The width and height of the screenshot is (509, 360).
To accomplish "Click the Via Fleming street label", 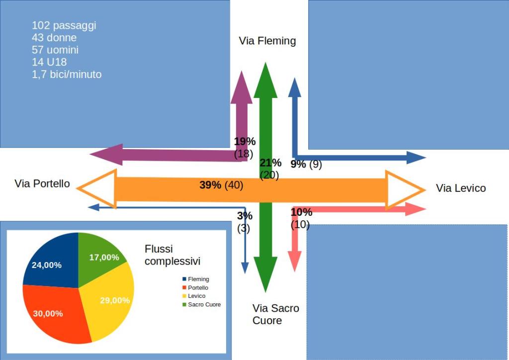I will (267, 41).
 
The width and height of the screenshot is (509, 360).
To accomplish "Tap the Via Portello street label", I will (42, 184).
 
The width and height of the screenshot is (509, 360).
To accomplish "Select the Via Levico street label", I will (461, 188).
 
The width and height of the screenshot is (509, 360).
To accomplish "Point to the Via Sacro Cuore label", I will (275, 314).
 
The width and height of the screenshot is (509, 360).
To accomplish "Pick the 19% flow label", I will (245, 142).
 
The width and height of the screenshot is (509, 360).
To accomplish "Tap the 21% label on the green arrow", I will (270, 163).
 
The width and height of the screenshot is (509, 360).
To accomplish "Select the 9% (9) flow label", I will (306, 164).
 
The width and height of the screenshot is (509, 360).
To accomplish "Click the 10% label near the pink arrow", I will (301, 212).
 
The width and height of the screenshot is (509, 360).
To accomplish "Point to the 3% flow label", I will (245, 216).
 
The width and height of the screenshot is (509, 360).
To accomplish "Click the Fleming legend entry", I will (198, 279).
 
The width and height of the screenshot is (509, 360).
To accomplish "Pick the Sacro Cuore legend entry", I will (204, 304).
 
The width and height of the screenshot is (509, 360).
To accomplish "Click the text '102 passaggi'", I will (64, 25).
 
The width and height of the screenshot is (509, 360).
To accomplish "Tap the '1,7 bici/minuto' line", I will (67, 75).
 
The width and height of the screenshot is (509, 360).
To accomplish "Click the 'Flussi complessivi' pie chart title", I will (172, 255).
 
